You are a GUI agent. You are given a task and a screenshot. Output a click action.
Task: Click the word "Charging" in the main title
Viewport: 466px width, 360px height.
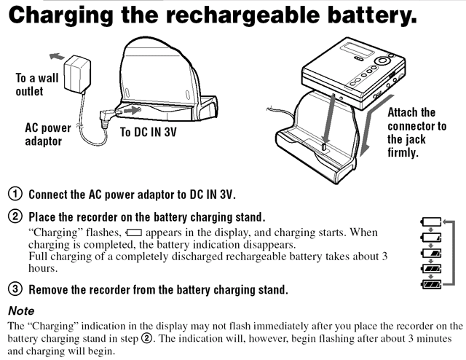click(61, 16)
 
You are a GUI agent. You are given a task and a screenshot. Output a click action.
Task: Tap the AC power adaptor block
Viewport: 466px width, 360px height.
click(77, 74)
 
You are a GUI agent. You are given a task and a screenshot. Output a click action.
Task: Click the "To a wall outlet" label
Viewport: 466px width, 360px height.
click(37, 85)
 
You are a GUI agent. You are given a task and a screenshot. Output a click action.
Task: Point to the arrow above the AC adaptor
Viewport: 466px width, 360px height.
click(57, 56)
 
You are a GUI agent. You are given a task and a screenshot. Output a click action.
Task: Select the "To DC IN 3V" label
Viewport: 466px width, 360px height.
click(149, 132)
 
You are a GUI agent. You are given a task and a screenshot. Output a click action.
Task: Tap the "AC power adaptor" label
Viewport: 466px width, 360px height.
click(48, 135)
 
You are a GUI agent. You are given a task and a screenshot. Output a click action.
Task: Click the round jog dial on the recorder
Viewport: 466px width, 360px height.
click(382, 60)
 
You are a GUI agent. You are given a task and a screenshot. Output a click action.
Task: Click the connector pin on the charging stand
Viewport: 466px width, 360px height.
click(324, 146)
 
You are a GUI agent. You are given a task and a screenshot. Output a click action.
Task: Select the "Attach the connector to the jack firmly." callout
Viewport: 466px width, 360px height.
click(416, 133)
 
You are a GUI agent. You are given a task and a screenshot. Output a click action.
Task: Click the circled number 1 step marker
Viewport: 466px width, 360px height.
click(15, 194)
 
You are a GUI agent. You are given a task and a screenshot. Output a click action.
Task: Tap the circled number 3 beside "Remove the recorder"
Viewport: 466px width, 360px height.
click(15, 289)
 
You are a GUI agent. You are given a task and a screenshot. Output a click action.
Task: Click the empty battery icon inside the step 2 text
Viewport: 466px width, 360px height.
click(134, 232)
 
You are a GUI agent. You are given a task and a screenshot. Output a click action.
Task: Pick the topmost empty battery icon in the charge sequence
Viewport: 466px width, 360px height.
click(431, 222)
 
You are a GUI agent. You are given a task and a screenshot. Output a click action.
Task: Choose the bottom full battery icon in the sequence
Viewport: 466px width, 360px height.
click(431, 284)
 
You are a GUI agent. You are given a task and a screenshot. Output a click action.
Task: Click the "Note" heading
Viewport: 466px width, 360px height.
click(21, 310)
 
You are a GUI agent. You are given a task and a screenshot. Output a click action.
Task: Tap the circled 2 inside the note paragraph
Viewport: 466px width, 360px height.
click(146, 339)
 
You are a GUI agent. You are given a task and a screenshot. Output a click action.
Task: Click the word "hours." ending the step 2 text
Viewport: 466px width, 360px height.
click(43, 268)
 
